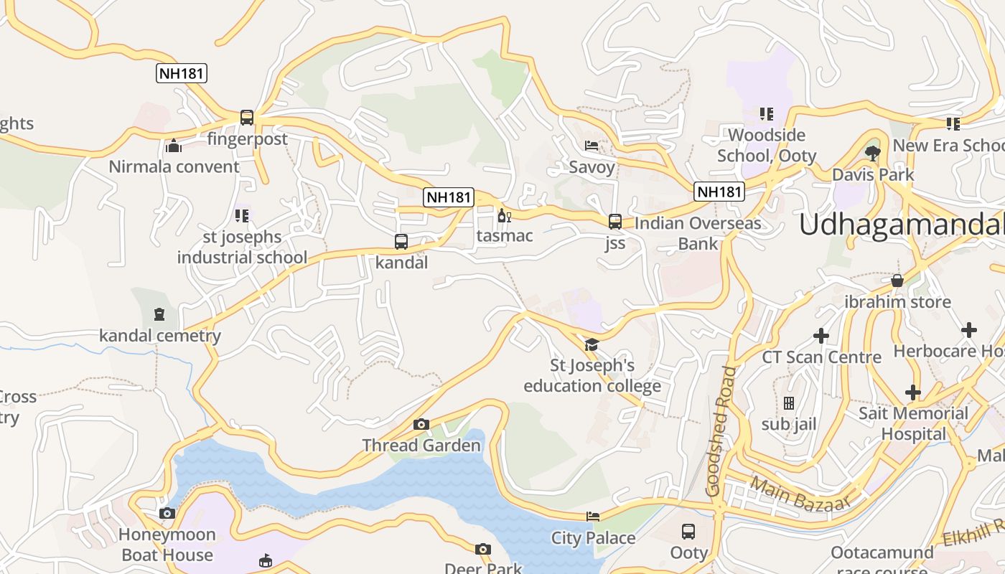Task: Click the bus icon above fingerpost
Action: point(247,117)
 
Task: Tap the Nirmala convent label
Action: point(174,166)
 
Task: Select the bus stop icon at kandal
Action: point(401,242)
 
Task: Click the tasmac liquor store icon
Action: point(504,215)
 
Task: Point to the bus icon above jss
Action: point(615,222)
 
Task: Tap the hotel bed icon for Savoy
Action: point(592,146)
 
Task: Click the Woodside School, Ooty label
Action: point(767,145)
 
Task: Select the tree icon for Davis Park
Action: point(873,152)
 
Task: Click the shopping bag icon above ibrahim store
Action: point(897,281)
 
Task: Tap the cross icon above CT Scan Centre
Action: point(821,335)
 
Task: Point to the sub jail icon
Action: point(789,403)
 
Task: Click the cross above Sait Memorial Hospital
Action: point(913,392)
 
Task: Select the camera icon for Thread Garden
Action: point(421,424)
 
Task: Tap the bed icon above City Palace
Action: point(593,516)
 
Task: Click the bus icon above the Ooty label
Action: point(688,532)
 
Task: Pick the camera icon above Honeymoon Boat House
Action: point(167,513)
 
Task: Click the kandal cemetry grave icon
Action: point(159,314)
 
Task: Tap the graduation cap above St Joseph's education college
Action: point(592,345)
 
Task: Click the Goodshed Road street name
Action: point(721,430)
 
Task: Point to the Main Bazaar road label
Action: point(800,494)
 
